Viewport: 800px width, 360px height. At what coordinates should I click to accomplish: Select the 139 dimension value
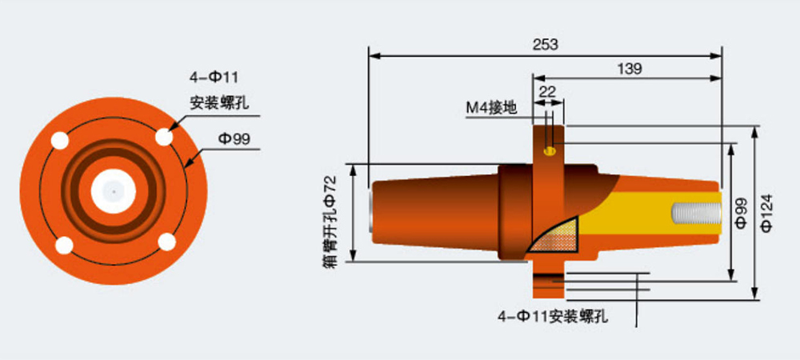tap(630, 69)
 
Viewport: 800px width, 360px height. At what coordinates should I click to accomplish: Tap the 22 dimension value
tap(547, 91)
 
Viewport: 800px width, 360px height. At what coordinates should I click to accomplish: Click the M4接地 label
tap(490, 108)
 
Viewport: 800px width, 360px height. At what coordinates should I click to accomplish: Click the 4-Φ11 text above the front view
tap(214, 78)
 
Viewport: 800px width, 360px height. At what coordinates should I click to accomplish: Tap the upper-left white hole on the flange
tap(60, 142)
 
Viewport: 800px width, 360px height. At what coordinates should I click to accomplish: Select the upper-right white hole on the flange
tap(164, 137)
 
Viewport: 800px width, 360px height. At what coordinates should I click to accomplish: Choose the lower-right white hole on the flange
tap(166, 241)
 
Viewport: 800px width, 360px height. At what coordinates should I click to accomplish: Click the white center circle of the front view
tap(114, 191)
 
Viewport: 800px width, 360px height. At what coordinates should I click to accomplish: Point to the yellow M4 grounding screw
tap(549, 150)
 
